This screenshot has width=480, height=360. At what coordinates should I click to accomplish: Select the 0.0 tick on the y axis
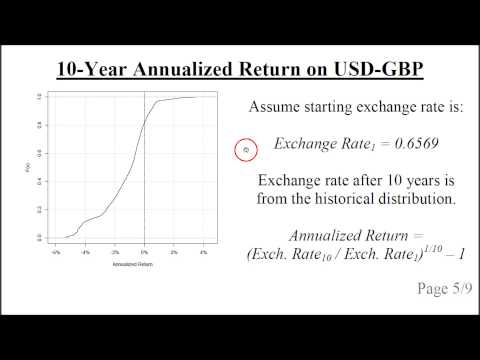[40, 237]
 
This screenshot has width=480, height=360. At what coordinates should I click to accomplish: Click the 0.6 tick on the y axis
[40, 153]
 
